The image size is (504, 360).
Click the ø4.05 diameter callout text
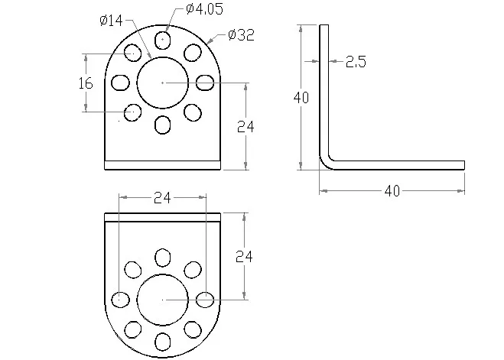tap(204, 9)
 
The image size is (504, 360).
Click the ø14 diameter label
tap(111, 21)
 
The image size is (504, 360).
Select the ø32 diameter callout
tap(241, 34)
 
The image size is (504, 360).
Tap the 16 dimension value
tap(86, 83)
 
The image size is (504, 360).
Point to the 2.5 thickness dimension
tap(356, 61)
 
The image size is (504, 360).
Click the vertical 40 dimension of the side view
tap(301, 97)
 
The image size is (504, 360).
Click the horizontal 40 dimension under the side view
tap(392, 191)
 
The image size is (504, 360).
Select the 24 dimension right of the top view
tap(245, 127)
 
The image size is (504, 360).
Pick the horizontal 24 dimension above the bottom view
tap(162, 198)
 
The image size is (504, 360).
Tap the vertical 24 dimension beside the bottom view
tap(244, 257)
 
